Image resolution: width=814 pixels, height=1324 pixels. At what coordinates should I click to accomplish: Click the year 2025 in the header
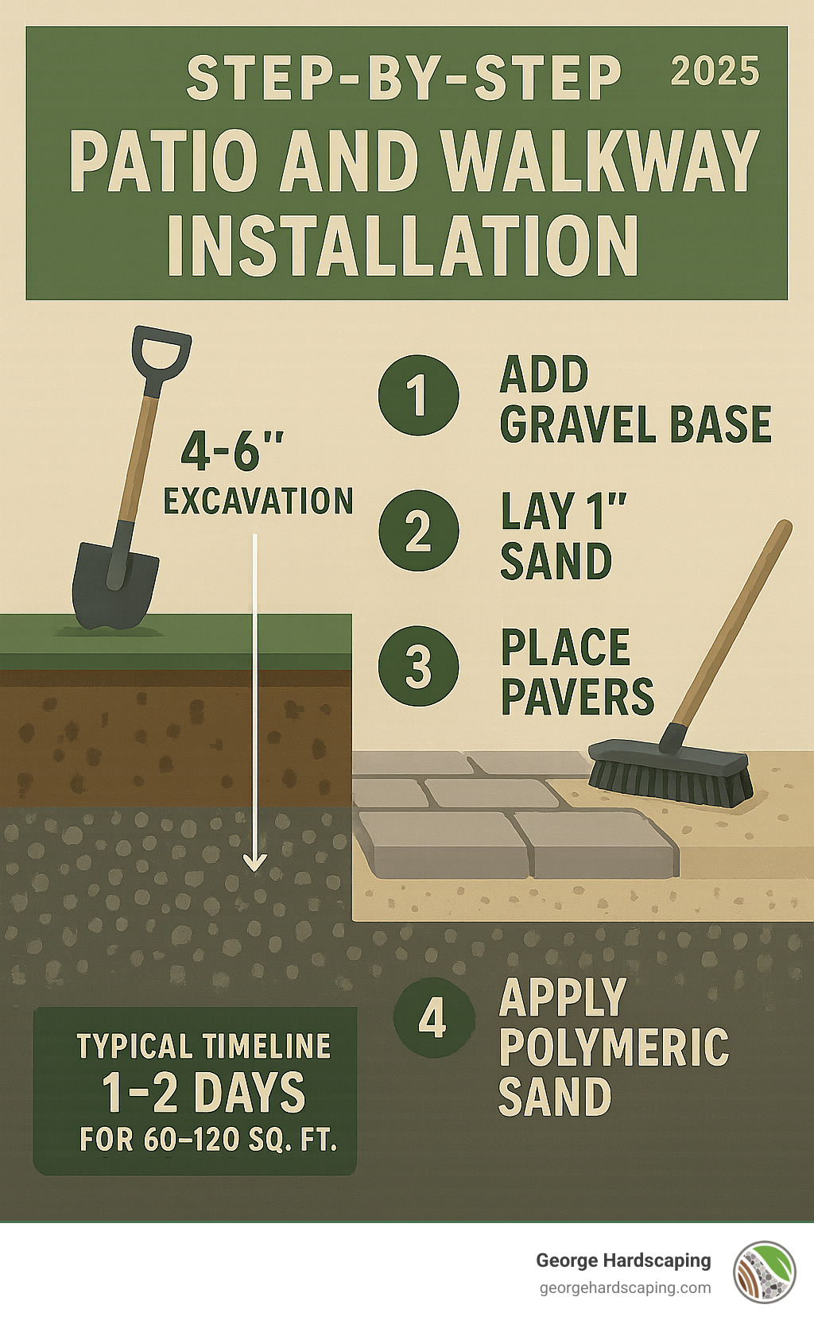pos(715,72)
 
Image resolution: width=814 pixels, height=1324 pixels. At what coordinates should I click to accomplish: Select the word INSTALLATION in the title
pos(403,246)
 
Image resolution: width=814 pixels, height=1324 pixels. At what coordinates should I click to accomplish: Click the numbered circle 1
pos(418,395)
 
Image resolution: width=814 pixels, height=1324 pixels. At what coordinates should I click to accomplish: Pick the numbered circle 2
pos(418,530)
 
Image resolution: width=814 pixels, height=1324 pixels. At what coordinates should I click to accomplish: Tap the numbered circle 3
pos(418,665)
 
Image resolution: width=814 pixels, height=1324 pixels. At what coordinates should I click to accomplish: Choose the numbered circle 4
pos(433,1017)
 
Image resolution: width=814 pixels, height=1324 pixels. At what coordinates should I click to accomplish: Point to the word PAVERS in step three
pos(577,697)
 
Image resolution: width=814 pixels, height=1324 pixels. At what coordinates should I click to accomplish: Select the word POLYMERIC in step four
pos(614,1047)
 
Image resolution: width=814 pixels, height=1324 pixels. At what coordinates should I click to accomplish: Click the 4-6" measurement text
pos(232,451)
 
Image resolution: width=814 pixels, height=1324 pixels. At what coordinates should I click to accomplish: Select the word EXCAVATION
pos(258,501)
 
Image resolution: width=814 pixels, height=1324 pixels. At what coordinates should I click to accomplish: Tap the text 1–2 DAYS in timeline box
pos(203,1093)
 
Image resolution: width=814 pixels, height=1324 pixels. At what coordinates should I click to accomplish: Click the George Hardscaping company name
pos(623,1260)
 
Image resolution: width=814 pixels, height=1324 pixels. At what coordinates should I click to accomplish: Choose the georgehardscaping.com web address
pos(625,1288)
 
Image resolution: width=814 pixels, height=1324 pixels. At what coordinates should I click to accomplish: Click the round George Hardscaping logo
pos(765,1272)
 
